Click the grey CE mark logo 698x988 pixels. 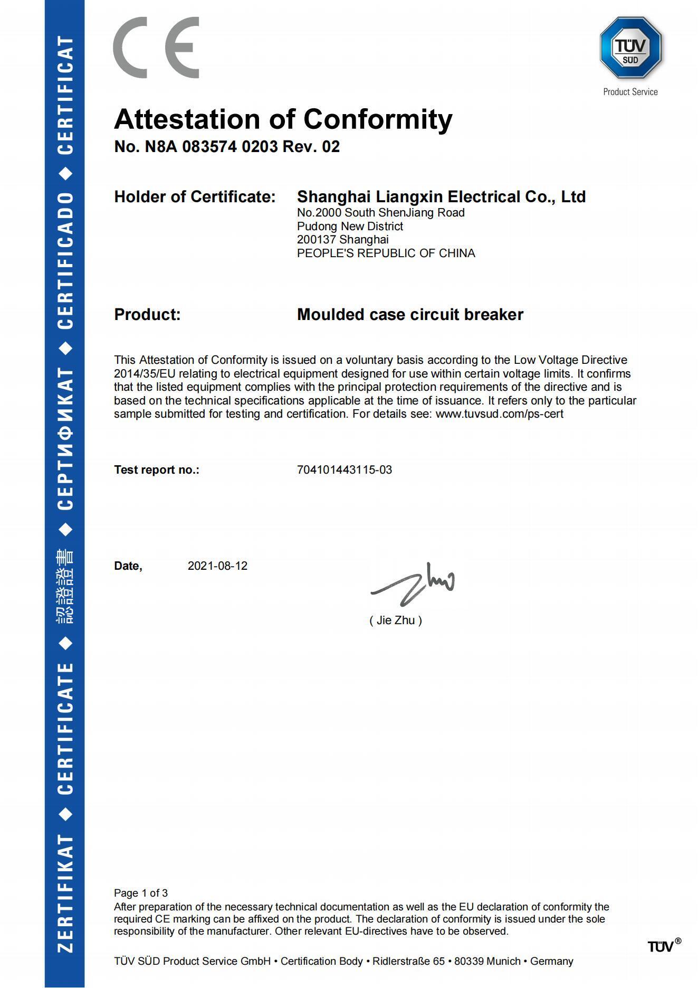pos(156,48)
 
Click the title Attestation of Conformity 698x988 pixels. pos(283,119)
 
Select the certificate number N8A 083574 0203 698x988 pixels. pos(211,147)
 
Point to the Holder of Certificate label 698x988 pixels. pos(195,197)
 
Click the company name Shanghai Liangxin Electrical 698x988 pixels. pos(441,197)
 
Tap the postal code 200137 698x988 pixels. pos(316,240)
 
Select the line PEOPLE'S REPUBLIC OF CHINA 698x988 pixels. pos(386,253)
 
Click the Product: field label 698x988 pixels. pos(147,315)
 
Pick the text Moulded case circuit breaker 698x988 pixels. pos(410,315)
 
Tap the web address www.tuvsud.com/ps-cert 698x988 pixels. pos(499,414)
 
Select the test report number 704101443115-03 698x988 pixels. pos(345,470)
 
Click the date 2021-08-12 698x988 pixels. pos(217,566)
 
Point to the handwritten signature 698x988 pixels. pos(413,584)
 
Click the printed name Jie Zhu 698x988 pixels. pos(396,620)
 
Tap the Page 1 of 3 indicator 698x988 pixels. pos(141,893)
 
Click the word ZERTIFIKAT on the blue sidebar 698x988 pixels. pos(65,893)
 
